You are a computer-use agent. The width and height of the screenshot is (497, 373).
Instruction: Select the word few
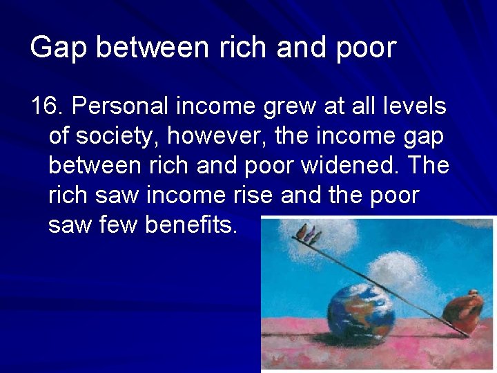tap(120, 225)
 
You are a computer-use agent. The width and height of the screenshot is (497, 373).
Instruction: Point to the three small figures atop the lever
tap(307, 236)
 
